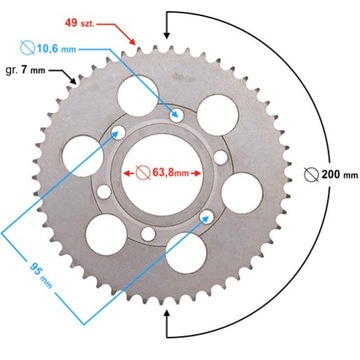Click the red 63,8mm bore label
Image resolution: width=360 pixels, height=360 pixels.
[166, 171]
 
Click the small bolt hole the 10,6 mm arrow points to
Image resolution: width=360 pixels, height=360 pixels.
[179, 114]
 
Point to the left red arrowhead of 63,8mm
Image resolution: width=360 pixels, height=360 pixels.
[126, 171]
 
